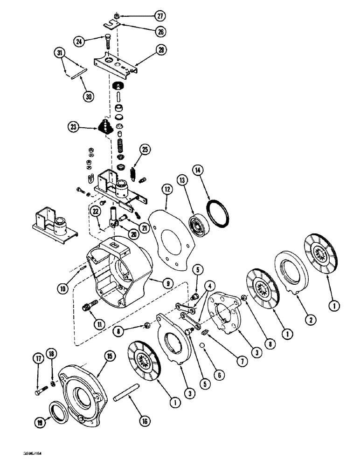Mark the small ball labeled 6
(x=203, y=345)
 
